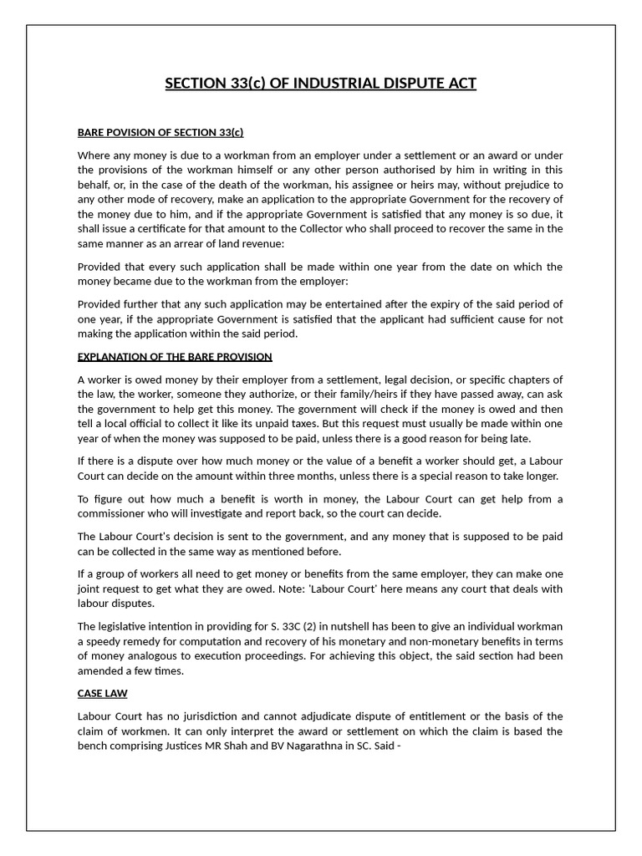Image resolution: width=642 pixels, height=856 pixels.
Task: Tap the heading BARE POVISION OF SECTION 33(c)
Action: pyautogui.click(x=160, y=132)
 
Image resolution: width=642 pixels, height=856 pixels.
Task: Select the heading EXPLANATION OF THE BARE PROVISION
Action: pyautogui.click(x=175, y=356)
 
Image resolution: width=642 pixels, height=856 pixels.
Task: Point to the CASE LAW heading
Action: pyautogui.click(x=102, y=694)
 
